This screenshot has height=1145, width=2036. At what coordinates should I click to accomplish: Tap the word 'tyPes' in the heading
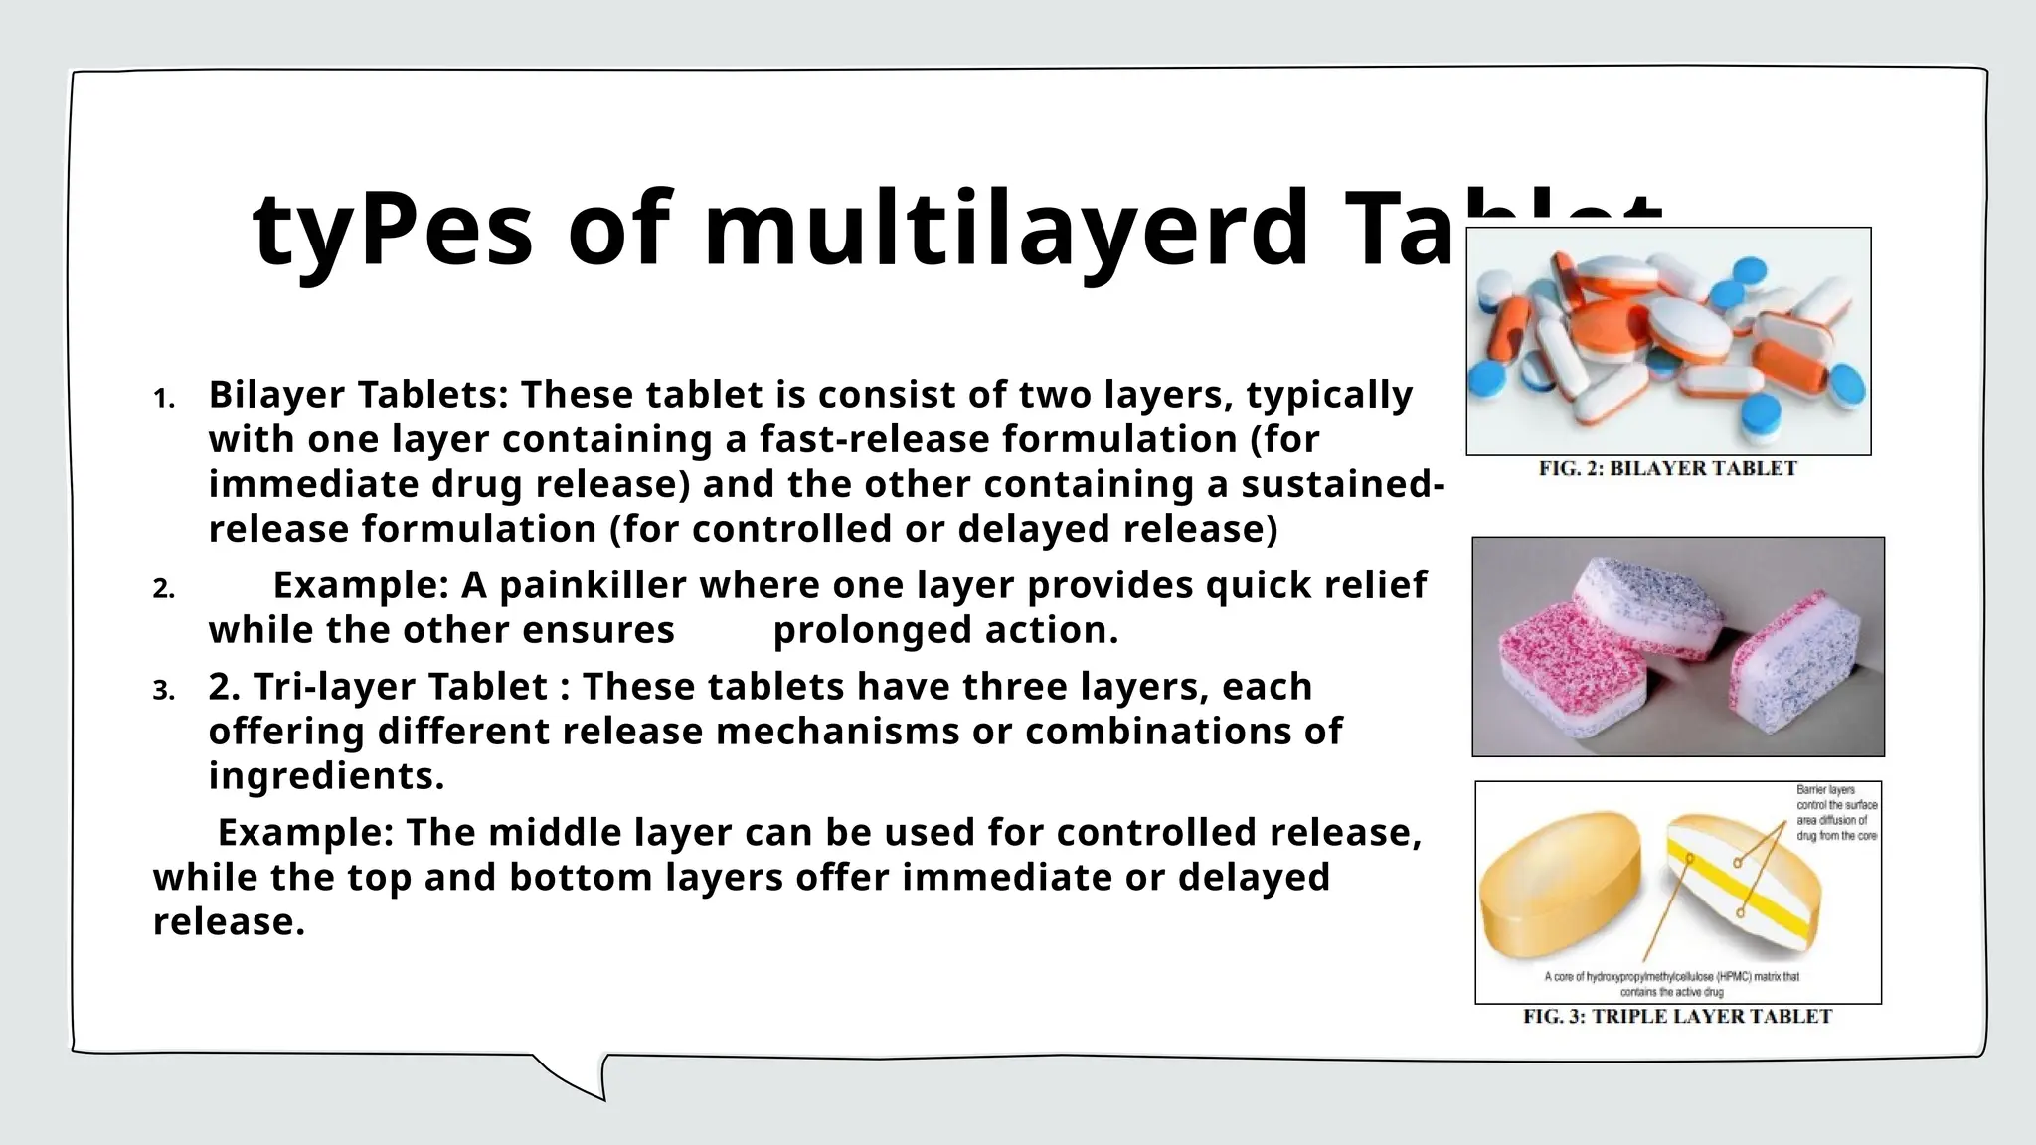pyautogui.click(x=394, y=231)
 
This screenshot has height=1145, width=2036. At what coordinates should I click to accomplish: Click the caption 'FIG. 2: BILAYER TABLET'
pyautogui.click(x=1667, y=469)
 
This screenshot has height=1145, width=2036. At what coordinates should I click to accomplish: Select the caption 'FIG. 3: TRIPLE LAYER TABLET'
pyautogui.click(x=1677, y=1017)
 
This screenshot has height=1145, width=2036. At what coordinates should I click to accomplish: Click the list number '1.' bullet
pyautogui.click(x=164, y=400)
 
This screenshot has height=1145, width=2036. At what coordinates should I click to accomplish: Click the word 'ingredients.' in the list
pyautogui.click(x=326, y=776)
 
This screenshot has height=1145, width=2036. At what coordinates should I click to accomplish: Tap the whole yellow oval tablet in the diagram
pyautogui.click(x=1561, y=885)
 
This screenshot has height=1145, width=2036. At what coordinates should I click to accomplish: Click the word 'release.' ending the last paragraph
pyautogui.click(x=229, y=922)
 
